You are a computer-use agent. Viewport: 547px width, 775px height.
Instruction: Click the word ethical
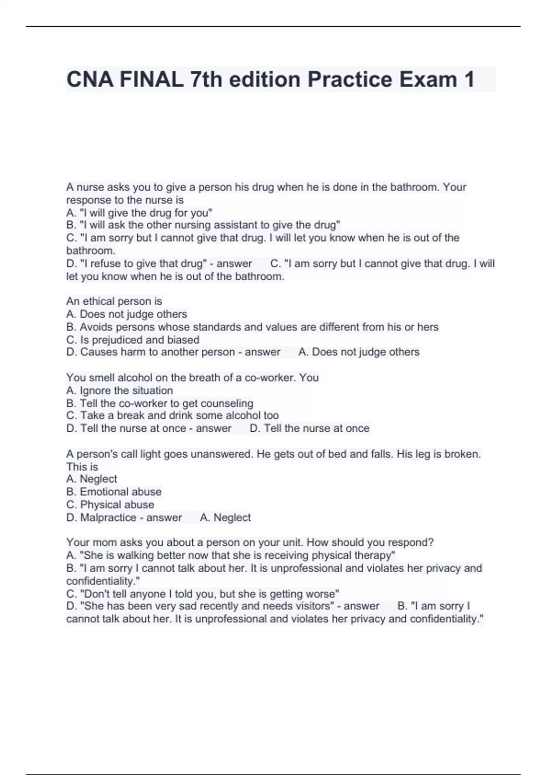[101, 301]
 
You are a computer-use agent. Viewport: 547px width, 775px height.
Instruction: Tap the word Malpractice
[108, 517]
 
